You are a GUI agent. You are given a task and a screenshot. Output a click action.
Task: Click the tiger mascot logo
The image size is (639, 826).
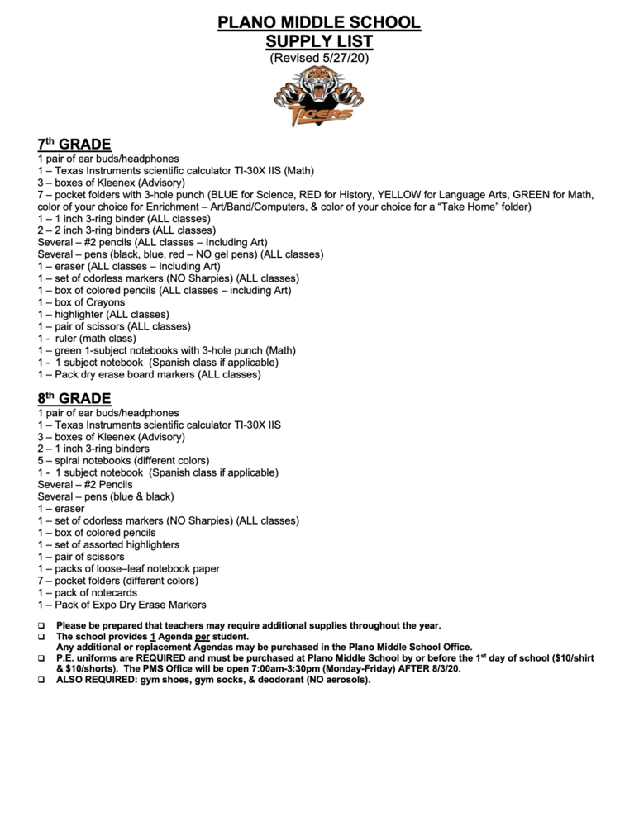tap(319, 97)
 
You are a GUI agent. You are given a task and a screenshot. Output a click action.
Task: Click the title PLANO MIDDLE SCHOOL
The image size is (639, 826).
tap(319, 22)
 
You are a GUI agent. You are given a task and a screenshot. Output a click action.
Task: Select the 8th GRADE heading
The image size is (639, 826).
tap(74, 399)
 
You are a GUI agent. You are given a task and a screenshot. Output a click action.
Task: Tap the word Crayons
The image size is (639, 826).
tap(104, 302)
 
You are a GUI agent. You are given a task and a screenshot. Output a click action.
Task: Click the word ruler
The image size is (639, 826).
tap(69, 339)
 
